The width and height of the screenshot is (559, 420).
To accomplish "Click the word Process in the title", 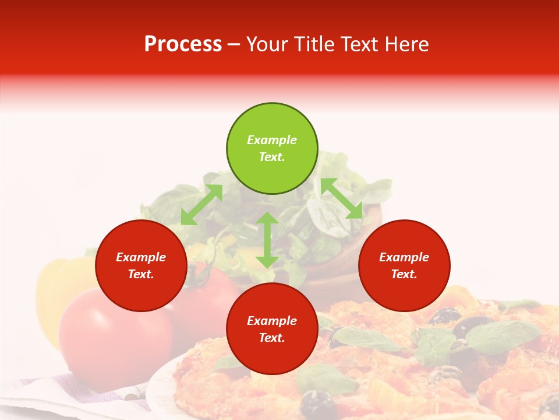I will coord(183,44).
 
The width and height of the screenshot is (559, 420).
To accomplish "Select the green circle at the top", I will coord(272,149).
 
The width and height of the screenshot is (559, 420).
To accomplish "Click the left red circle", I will coord(141,265).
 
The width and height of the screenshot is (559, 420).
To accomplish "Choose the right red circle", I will coord(404,265).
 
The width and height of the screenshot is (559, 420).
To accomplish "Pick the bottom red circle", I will coord(272,329).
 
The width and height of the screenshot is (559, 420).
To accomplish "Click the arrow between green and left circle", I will coord(201,205).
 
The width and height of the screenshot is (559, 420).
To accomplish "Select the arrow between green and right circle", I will coord(342,198).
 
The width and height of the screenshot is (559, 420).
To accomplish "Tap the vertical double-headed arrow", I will coord(267,240).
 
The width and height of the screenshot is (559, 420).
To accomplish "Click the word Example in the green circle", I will coord(272,140).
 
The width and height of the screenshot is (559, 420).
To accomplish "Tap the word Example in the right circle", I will coord(404,257).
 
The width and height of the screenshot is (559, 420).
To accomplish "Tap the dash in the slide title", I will coord(234,45).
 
